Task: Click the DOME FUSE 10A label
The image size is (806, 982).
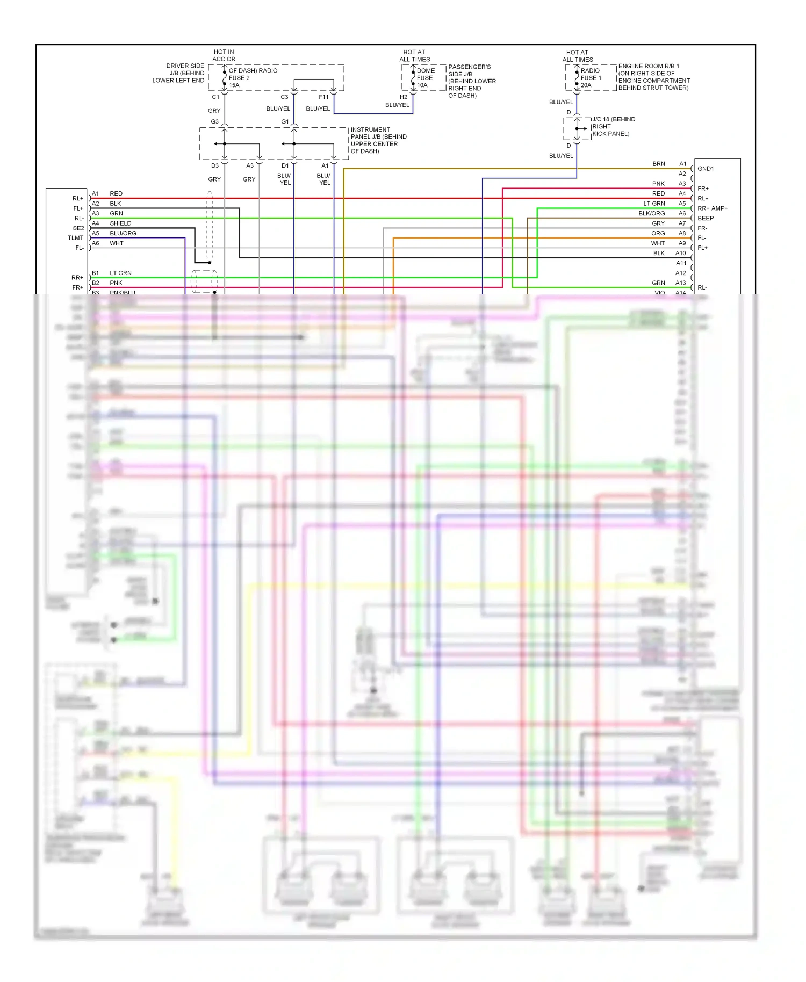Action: pos(425,78)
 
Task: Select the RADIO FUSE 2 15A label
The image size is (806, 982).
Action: pos(253,78)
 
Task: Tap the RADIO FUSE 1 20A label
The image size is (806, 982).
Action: pos(590,78)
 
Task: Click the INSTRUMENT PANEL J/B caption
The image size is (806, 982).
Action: pos(378,140)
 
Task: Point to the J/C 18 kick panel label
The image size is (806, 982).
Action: pos(613,127)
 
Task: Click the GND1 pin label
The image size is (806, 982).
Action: pos(706,169)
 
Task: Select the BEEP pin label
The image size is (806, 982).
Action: pos(706,218)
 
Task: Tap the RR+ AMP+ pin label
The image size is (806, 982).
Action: pos(713,208)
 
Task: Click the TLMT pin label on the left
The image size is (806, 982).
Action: pos(76,238)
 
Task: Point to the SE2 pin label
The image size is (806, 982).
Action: pos(78,228)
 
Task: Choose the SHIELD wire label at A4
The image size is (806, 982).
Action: pos(120,223)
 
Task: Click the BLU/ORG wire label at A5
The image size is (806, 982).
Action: pos(123,233)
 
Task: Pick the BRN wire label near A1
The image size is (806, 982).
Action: pos(659,164)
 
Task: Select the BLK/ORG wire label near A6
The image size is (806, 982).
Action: pos(651,213)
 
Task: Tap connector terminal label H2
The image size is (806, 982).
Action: pos(404,97)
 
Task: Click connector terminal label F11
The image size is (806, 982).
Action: pos(323,97)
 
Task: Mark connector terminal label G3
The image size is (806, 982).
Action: pos(214,122)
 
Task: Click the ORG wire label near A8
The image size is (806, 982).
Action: pos(658,233)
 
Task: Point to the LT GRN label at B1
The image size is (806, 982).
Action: pos(120,273)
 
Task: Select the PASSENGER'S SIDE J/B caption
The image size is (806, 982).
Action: pos(472,81)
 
